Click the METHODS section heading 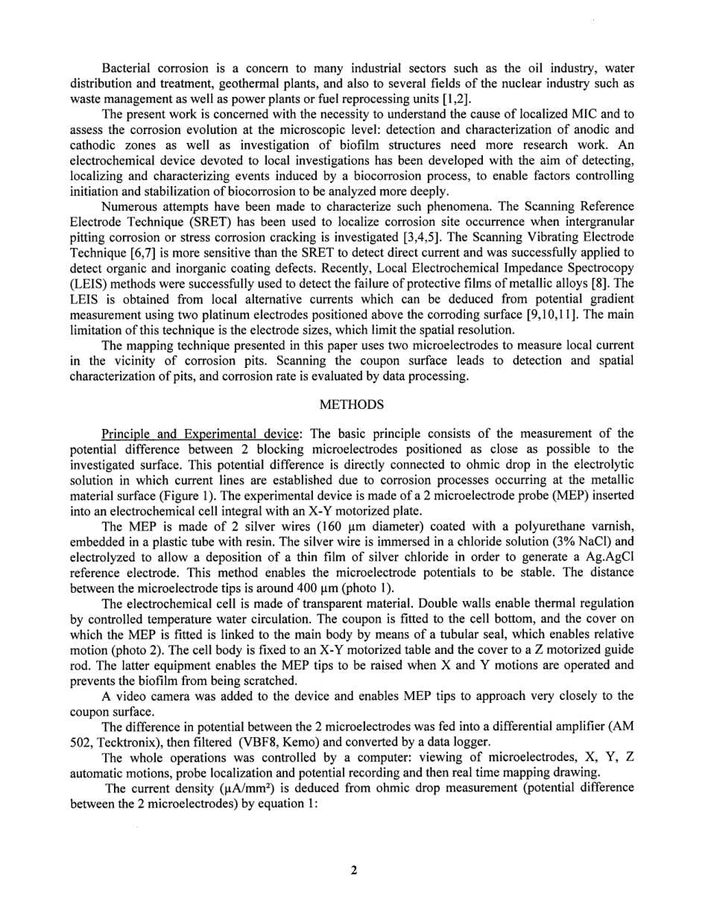coord(352,404)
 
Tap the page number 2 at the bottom coord(354,870)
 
